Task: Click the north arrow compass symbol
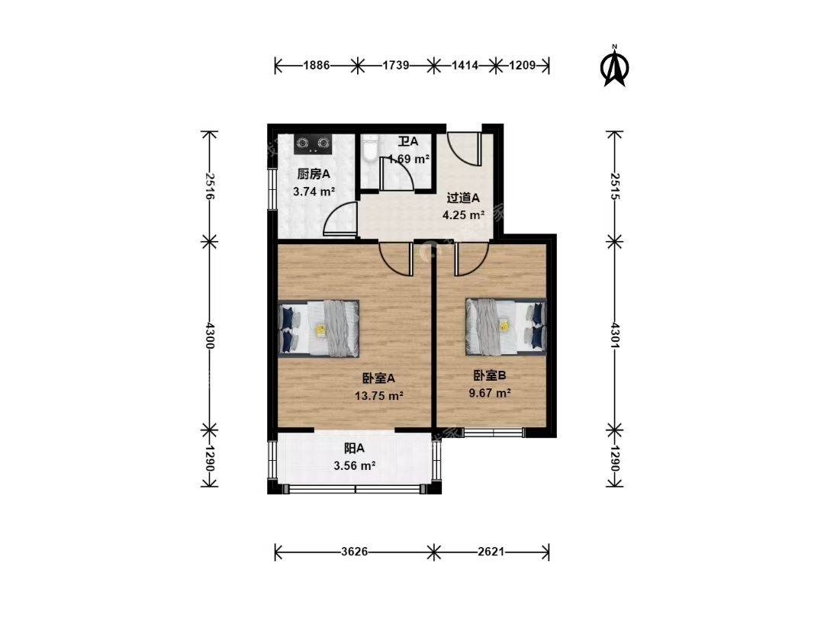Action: tap(615, 66)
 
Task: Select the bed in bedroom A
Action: tap(318, 328)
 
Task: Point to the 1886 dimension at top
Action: tap(317, 65)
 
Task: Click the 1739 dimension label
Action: tap(396, 65)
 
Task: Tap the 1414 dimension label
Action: tap(465, 65)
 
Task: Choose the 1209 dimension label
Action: tap(523, 65)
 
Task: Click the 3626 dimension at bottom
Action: tap(354, 552)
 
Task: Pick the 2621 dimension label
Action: tap(491, 552)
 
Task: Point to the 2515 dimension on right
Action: tap(616, 186)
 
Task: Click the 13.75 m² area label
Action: tap(379, 396)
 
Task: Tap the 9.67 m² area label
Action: tap(490, 393)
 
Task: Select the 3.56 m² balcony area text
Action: tap(354, 465)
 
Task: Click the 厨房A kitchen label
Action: tap(314, 175)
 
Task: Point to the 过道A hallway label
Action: tap(463, 198)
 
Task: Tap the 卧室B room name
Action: tap(490, 375)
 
